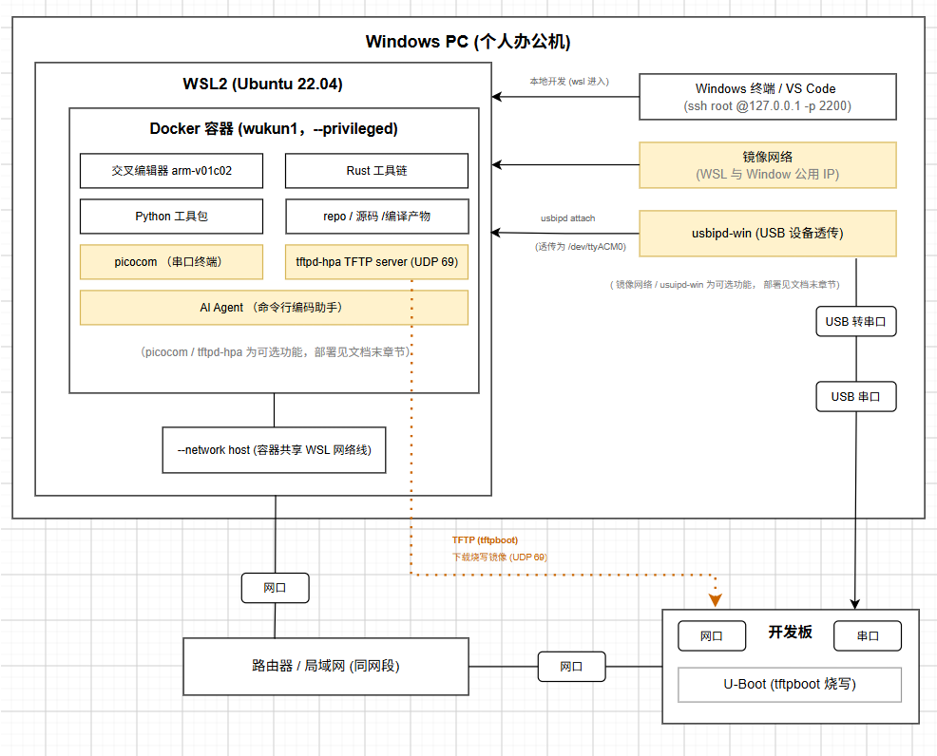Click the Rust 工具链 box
376,171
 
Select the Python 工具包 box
171,217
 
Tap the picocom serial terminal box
171,261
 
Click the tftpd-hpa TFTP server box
376,261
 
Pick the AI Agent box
275,308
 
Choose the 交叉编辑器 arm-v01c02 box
171,171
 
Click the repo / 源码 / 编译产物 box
376,217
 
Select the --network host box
275,450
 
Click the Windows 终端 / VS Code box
768,97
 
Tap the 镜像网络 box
768,165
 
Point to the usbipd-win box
768,234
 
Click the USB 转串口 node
856,322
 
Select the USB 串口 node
856,396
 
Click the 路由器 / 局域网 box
326,667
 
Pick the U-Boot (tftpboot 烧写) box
790,685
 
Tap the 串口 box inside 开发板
868,636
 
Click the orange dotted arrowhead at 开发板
715,600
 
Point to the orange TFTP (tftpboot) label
485,540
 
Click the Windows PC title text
468,42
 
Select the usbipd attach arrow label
567,218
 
